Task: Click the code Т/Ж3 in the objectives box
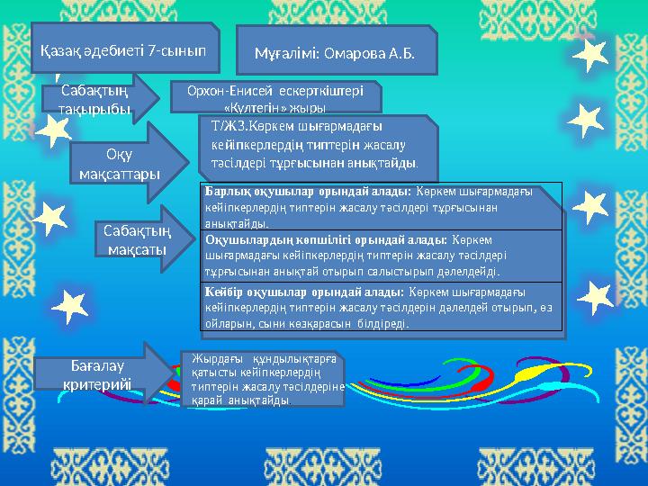[225, 126]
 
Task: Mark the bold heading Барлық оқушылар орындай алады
[308, 192]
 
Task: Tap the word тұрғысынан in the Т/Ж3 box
[281, 165]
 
